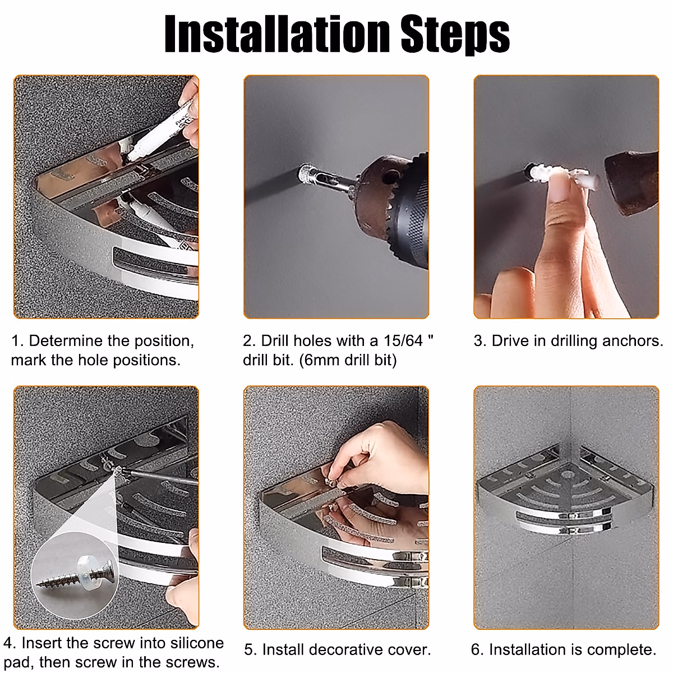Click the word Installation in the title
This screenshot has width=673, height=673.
tap(276, 34)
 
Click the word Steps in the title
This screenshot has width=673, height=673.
tap(455, 35)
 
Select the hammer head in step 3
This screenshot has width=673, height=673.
tap(632, 182)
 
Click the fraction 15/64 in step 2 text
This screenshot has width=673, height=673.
tap(403, 340)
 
